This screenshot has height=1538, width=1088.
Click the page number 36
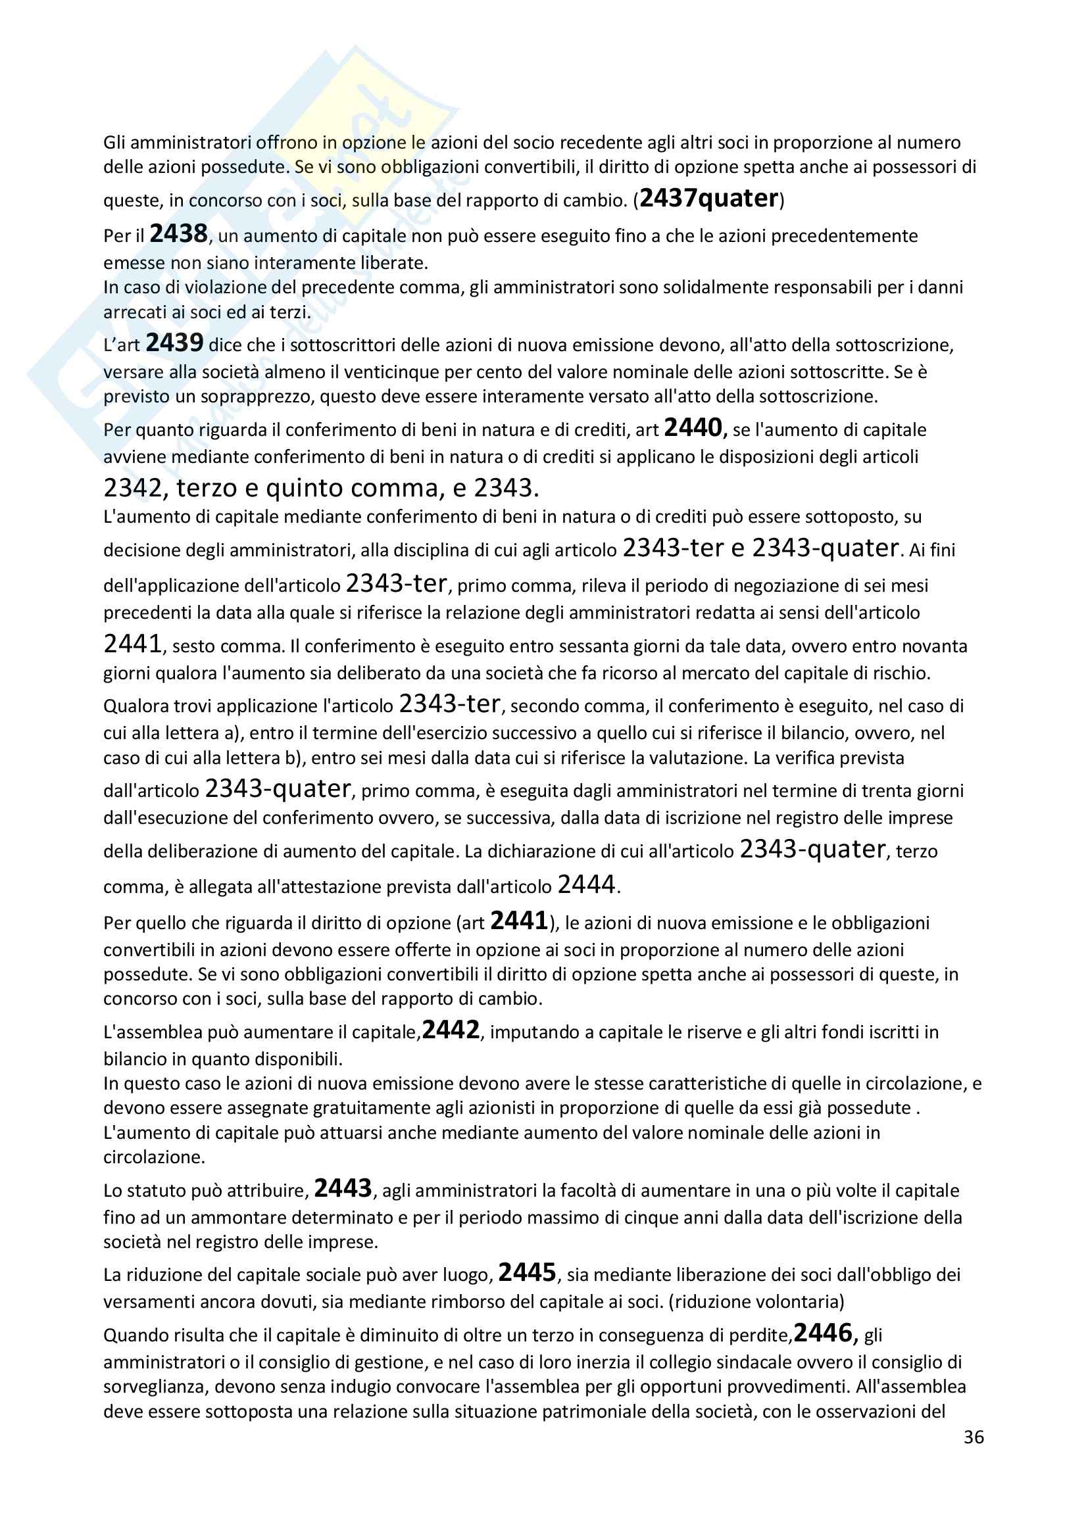point(974,1437)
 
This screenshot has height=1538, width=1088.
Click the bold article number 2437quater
point(710,199)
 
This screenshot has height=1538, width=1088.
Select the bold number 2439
point(174,343)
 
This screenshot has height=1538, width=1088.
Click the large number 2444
point(586,885)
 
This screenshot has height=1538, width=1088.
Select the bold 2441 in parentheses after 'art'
point(519,921)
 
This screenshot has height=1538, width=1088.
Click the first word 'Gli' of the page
point(114,143)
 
